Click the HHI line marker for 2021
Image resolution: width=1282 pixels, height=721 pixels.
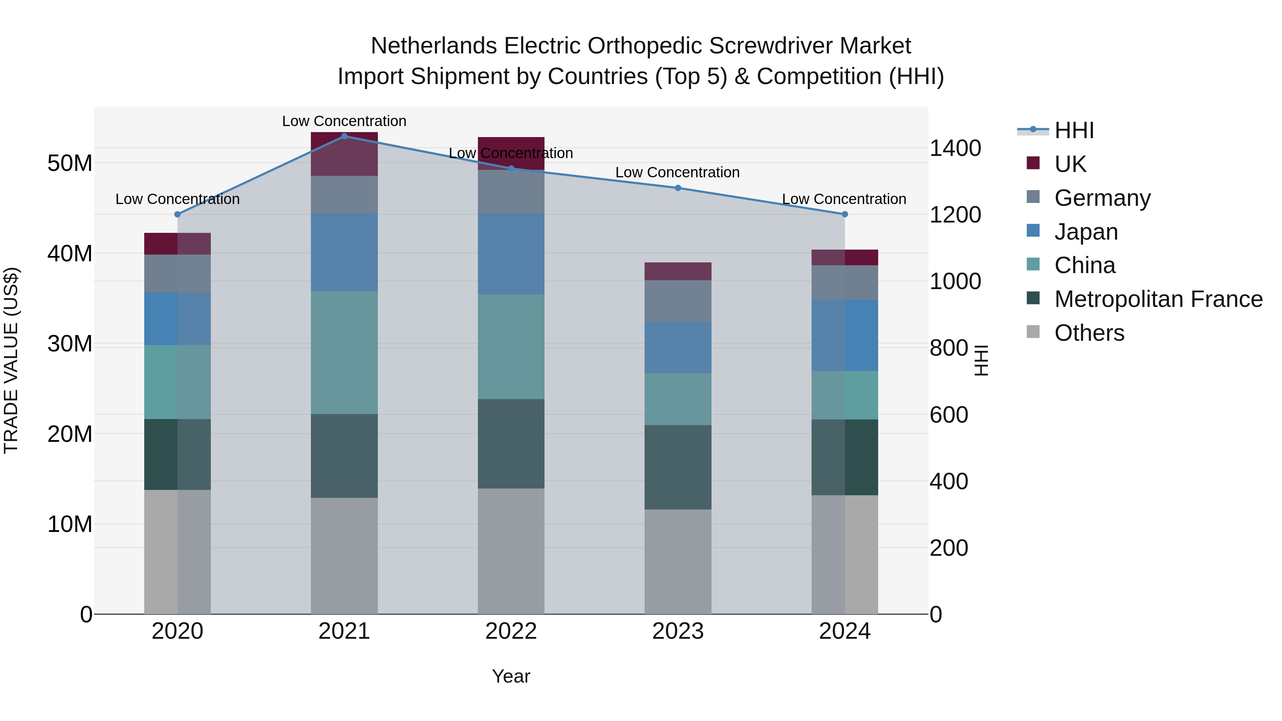(x=344, y=136)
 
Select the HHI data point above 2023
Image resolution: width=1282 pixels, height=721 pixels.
(x=677, y=188)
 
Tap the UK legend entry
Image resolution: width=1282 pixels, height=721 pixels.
(x=1070, y=164)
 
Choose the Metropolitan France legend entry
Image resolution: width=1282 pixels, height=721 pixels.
(x=1158, y=299)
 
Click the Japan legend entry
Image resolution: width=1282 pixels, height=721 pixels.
(x=1086, y=231)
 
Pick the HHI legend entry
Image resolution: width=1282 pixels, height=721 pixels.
(x=1074, y=130)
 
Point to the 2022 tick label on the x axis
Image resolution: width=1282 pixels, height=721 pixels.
(x=511, y=631)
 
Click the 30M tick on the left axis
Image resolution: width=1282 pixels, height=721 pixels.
(x=70, y=344)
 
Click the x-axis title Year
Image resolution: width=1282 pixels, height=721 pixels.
(x=511, y=676)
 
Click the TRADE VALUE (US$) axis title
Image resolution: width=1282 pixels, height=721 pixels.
(x=11, y=360)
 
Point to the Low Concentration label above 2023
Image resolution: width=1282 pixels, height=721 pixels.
(x=677, y=172)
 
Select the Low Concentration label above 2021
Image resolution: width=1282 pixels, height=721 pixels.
(x=344, y=121)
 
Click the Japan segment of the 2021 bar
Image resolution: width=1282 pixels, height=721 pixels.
(x=344, y=252)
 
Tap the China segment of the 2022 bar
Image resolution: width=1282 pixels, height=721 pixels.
(x=511, y=346)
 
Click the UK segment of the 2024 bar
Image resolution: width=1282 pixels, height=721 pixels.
(x=845, y=257)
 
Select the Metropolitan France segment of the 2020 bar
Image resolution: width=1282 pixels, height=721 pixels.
(x=177, y=454)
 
